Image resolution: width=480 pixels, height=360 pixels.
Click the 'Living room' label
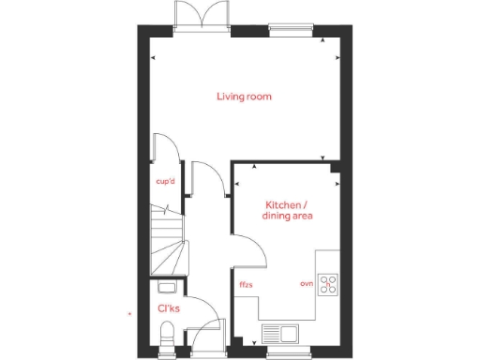click(245, 97)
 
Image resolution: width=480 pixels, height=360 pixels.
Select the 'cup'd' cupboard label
click(167, 184)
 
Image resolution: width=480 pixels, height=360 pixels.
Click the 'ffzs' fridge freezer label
click(247, 283)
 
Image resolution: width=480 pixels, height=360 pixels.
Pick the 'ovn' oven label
click(306, 283)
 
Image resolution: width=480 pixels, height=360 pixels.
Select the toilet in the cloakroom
click(167, 333)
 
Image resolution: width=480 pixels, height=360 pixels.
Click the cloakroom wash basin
click(167, 288)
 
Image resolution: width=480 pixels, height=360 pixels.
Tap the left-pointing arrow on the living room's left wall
click(154, 58)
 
